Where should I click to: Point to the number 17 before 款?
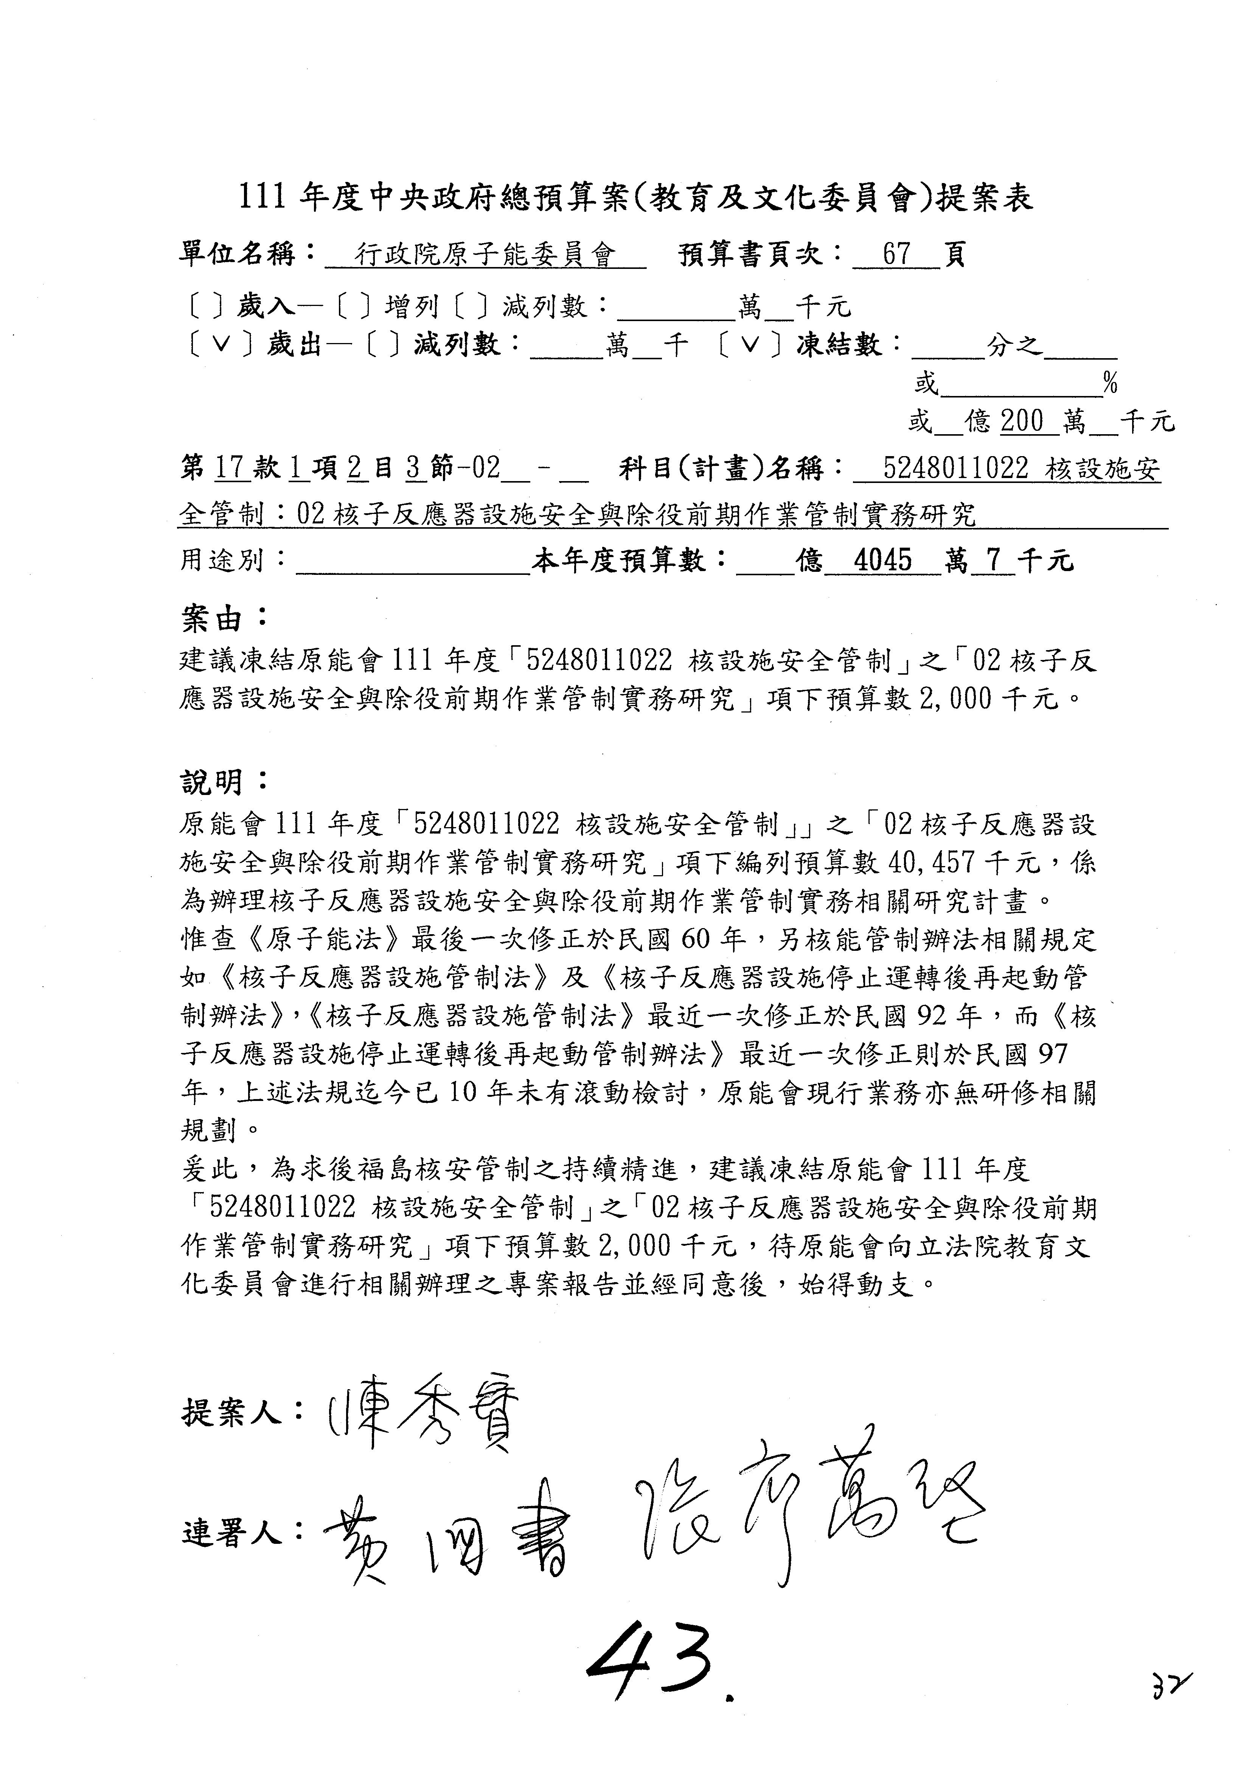click(x=230, y=468)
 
